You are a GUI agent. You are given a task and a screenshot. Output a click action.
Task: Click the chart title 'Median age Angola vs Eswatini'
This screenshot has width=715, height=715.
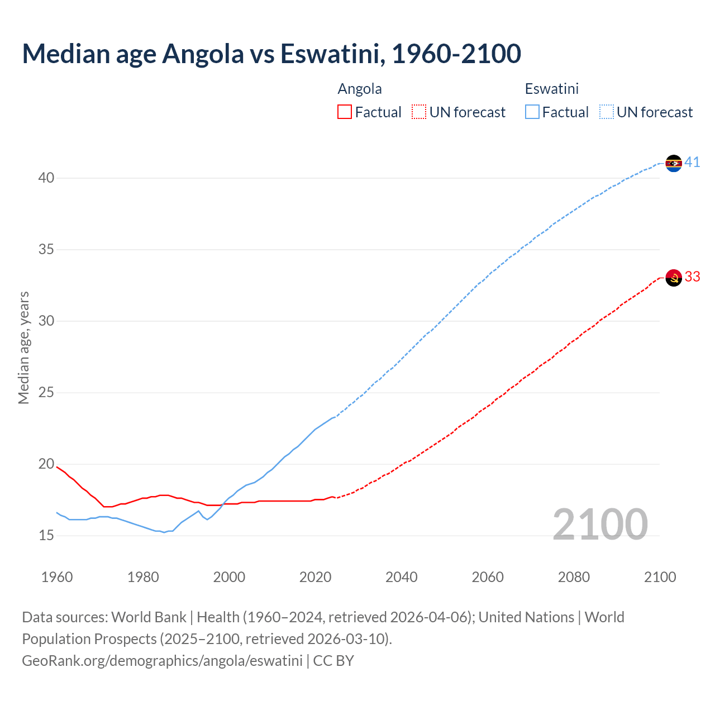(x=271, y=54)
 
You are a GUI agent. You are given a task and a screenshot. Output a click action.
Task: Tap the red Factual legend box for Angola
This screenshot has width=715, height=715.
(x=345, y=112)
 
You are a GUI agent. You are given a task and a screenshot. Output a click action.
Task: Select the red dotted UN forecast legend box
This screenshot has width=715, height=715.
(x=419, y=112)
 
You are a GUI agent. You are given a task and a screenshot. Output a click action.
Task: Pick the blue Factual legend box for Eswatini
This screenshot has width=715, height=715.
(x=532, y=112)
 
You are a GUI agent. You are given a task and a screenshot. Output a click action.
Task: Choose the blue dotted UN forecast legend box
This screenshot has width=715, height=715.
(x=607, y=112)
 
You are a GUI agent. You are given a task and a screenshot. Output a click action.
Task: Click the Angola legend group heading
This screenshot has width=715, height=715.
(x=360, y=89)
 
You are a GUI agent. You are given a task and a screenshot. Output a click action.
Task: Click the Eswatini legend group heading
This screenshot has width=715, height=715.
(x=551, y=89)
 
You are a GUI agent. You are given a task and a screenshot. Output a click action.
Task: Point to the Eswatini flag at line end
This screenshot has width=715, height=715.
(x=674, y=163)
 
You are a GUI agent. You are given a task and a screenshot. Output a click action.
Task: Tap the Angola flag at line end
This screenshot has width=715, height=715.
(x=674, y=278)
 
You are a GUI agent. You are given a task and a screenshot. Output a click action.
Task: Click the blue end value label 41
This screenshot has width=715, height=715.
(x=692, y=163)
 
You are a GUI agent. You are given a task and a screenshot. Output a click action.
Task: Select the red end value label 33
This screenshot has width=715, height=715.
(x=692, y=277)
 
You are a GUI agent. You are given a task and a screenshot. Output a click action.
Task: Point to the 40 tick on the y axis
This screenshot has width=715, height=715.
(x=46, y=178)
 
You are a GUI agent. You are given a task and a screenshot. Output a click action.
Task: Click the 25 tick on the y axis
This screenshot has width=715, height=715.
(x=46, y=393)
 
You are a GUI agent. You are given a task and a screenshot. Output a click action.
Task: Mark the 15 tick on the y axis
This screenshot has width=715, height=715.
(x=46, y=536)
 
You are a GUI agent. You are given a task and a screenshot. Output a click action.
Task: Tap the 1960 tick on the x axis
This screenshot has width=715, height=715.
(x=57, y=577)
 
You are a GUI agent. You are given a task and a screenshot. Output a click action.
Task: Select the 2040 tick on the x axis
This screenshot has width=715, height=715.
(x=402, y=577)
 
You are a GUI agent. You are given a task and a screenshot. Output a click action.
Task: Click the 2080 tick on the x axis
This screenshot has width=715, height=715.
(x=574, y=577)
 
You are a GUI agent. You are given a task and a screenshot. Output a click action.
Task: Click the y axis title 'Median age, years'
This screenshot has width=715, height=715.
(x=23, y=347)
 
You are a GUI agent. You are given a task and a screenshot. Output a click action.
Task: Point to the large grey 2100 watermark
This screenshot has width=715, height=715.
(x=600, y=525)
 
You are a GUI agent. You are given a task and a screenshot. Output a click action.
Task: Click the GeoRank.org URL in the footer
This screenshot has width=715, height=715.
(x=162, y=661)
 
